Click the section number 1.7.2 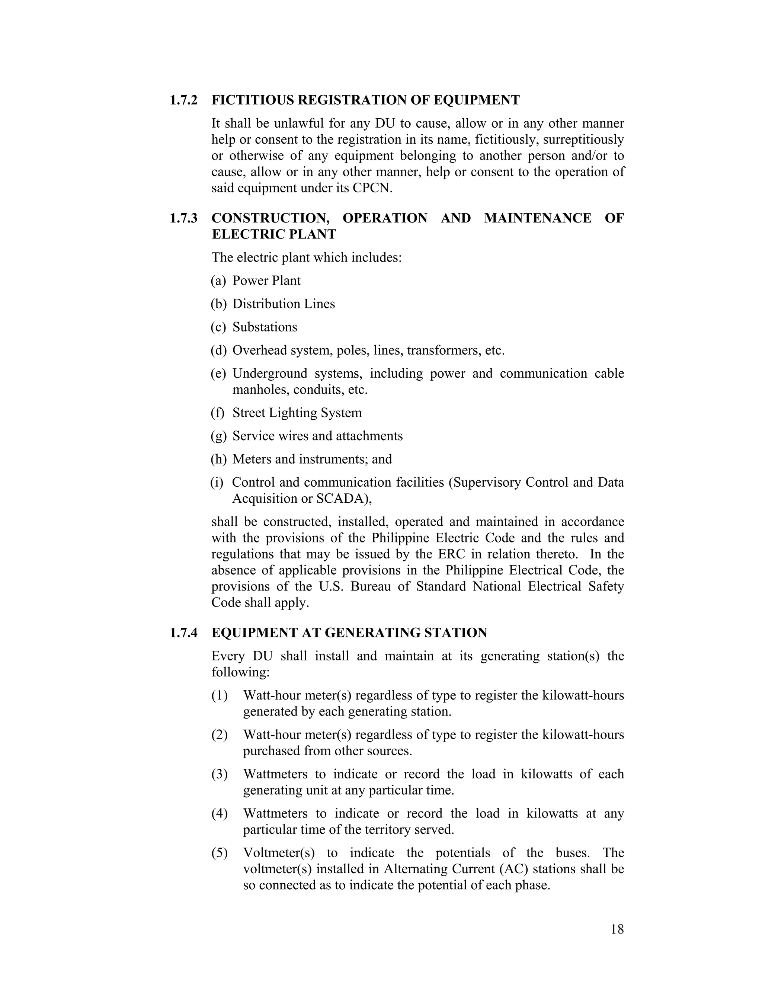183,100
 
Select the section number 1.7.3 183,218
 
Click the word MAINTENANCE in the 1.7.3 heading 538,218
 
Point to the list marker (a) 218,281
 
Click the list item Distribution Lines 284,304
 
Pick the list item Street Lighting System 297,413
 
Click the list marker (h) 218,459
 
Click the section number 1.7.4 183,633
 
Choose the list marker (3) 220,774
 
